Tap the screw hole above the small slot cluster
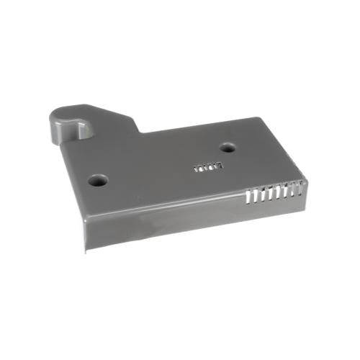(x=228, y=148)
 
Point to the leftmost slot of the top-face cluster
(x=197, y=169)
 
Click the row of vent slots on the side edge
(x=272, y=193)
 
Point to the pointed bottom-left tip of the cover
(x=85, y=251)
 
